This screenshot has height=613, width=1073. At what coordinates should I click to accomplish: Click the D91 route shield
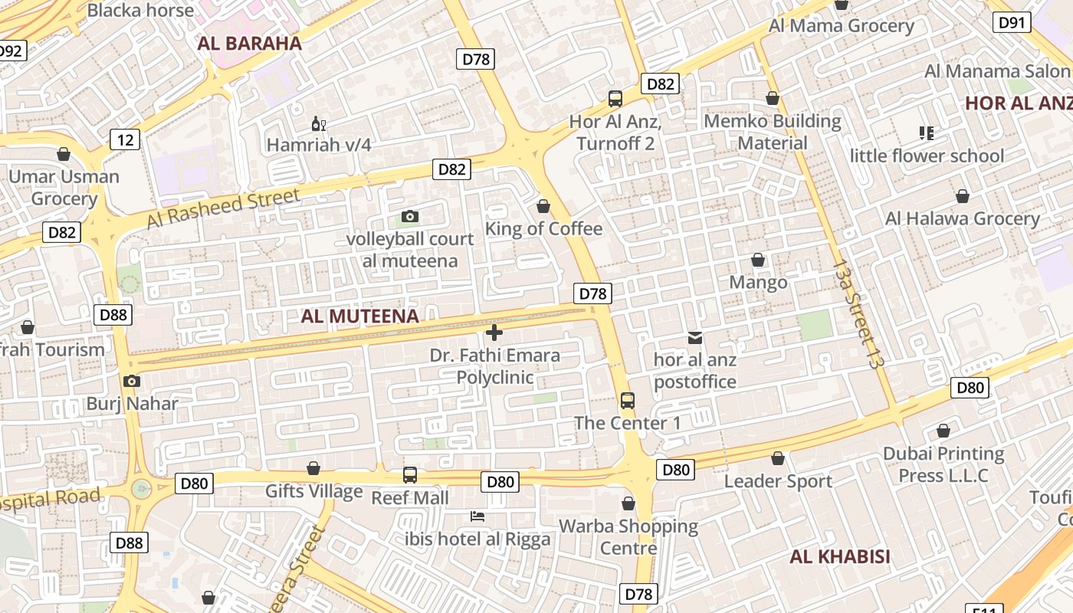[x=1012, y=22]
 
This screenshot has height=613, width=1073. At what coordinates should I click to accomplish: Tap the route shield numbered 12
[x=125, y=139]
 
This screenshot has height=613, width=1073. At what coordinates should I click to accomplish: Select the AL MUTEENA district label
[x=359, y=316]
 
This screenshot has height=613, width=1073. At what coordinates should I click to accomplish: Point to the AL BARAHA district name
[x=250, y=44]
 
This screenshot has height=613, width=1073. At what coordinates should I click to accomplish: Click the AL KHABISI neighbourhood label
[x=840, y=556]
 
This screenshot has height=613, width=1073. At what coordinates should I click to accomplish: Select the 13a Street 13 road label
[x=855, y=314]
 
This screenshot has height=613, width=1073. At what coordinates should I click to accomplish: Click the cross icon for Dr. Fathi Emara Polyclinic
[x=494, y=333]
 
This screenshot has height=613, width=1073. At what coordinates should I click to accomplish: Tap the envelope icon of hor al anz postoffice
[x=695, y=337]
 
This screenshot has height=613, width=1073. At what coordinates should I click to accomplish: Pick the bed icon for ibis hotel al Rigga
[x=477, y=516]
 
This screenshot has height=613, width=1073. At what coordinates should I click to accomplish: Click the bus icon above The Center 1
[x=627, y=400]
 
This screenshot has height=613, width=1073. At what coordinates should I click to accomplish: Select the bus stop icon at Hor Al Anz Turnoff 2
[x=615, y=98]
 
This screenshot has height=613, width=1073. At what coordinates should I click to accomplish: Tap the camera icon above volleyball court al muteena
[x=410, y=216]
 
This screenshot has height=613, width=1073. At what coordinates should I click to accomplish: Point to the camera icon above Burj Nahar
[x=132, y=381]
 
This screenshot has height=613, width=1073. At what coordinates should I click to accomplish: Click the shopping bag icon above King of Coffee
[x=543, y=206]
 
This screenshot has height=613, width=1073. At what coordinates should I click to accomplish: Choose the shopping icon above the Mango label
[x=758, y=261]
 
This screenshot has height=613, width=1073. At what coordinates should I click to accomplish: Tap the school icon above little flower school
[x=926, y=133]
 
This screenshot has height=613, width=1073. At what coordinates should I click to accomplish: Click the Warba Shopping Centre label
[x=628, y=537]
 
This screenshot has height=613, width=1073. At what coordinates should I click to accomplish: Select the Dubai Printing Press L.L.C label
[x=943, y=464]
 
